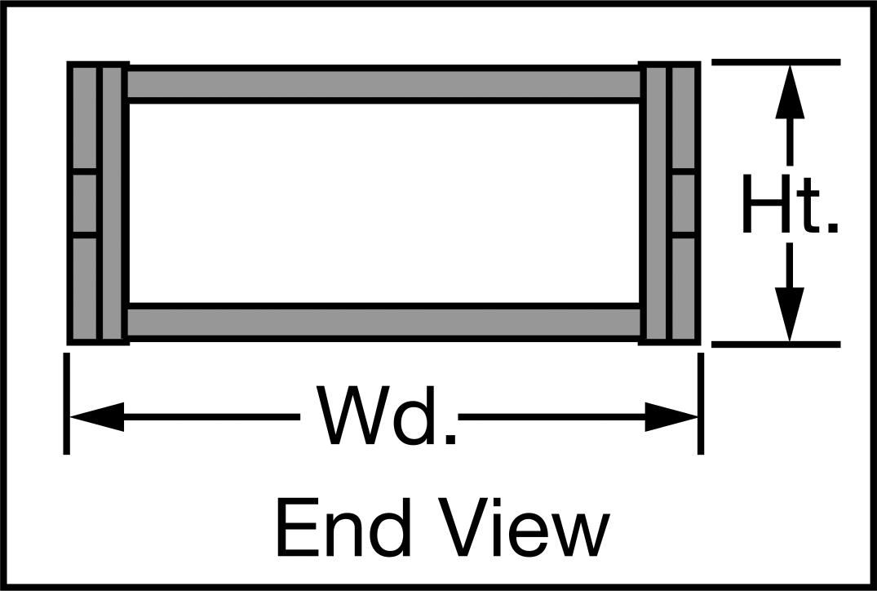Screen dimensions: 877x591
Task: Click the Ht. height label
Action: (x=791, y=204)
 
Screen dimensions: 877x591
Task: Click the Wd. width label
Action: (x=386, y=415)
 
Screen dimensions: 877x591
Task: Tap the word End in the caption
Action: (x=343, y=527)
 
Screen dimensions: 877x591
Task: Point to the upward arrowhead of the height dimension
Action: (x=790, y=91)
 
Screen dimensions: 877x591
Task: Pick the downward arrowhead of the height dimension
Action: (x=790, y=314)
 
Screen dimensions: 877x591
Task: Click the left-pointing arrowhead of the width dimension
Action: (x=96, y=417)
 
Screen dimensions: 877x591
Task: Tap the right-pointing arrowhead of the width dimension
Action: (x=671, y=417)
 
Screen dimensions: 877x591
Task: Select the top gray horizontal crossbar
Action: (x=384, y=85)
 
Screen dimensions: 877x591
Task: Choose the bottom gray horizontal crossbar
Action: (x=384, y=322)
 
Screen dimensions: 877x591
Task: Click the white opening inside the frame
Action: (x=384, y=203)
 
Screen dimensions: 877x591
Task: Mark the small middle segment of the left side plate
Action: (x=85, y=204)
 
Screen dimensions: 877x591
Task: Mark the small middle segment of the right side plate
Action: (x=684, y=204)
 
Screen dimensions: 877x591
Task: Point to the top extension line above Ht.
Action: (x=776, y=62)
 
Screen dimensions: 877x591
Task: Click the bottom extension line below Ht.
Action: (x=776, y=344)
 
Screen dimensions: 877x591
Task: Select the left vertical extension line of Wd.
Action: (x=67, y=403)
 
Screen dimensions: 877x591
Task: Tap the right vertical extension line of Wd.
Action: (x=701, y=403)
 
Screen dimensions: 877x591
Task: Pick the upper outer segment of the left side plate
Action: (x=85, y=118)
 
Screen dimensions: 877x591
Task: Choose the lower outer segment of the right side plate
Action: (x=684, y=289)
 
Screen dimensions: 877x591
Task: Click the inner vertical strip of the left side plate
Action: (x=113, y=203)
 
